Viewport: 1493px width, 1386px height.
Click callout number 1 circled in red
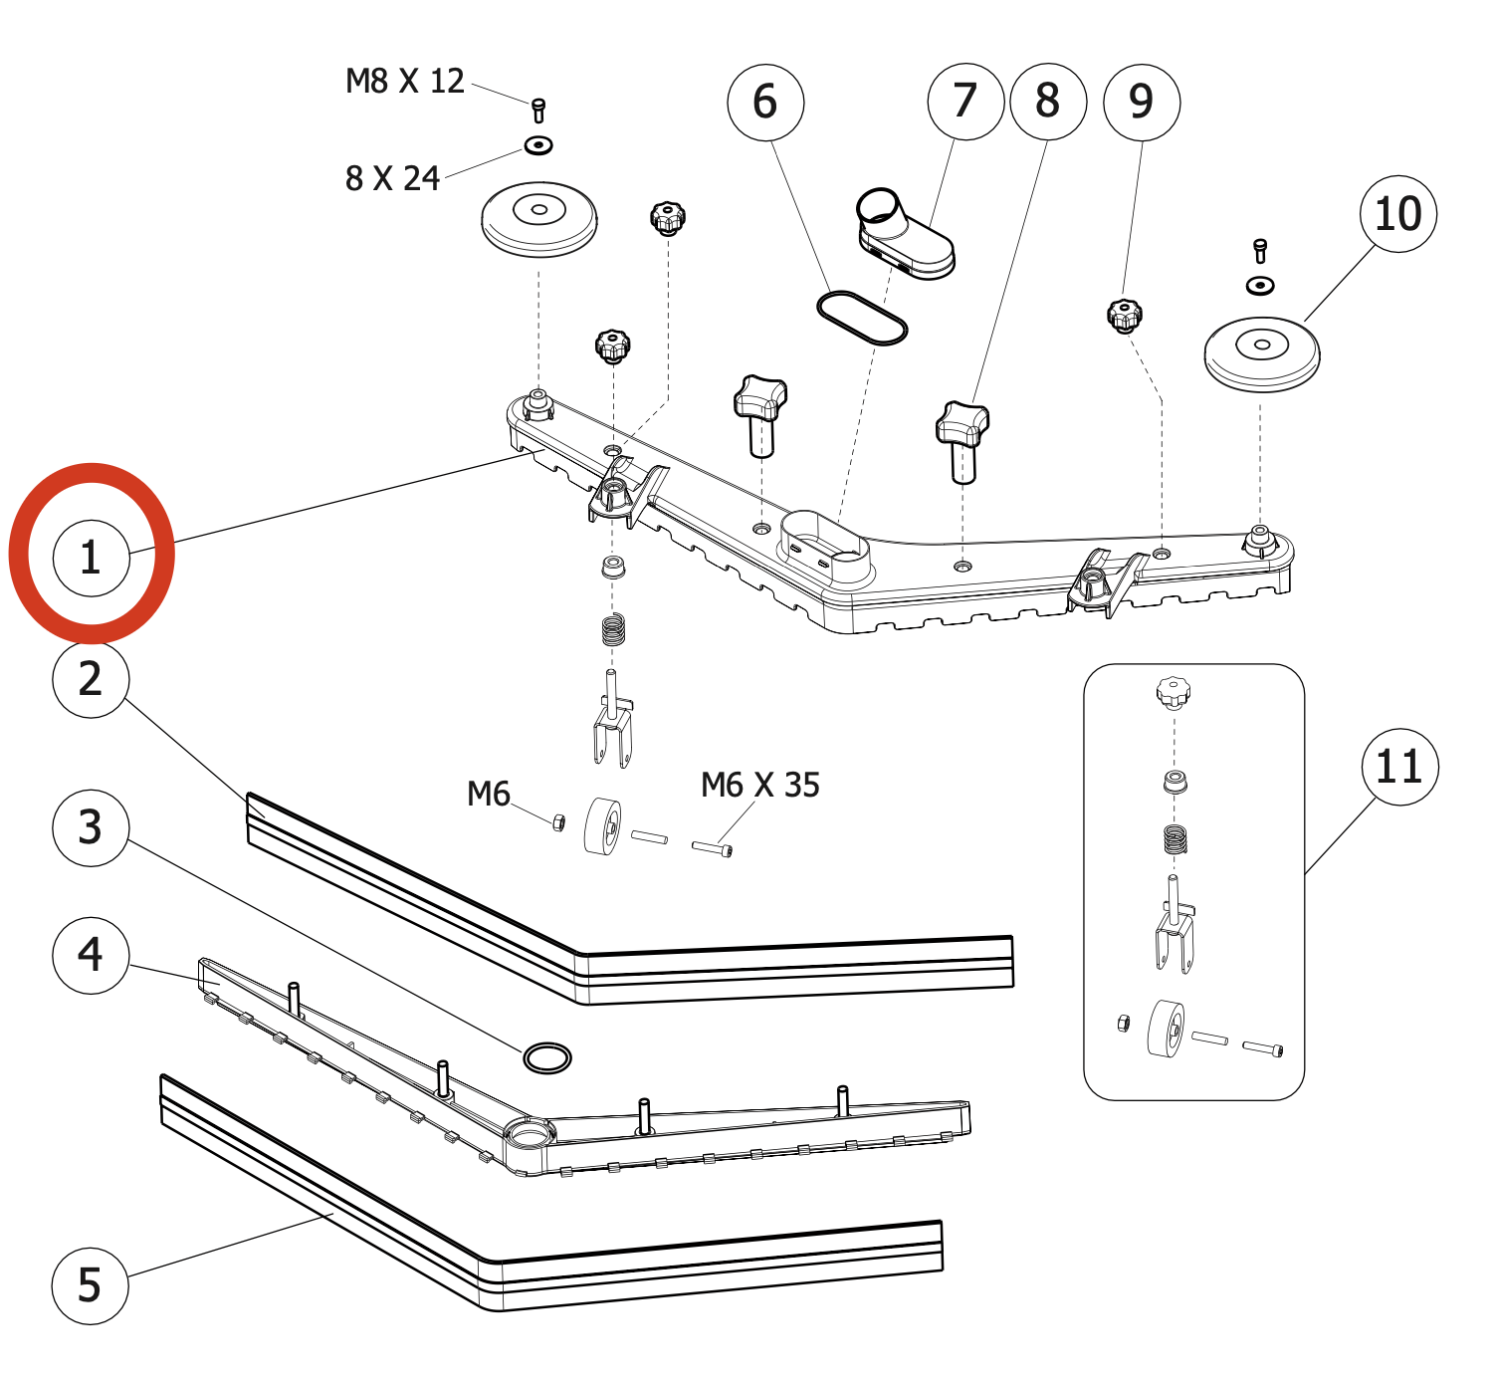91,558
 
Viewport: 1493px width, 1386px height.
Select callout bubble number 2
91,679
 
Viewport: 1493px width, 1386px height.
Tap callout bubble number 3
91,827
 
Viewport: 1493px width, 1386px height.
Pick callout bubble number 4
91,955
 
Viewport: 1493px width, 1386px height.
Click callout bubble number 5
91,1285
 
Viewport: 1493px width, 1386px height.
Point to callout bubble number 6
765,102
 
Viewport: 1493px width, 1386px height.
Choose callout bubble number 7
965,101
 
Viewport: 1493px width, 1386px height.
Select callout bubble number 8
1048,101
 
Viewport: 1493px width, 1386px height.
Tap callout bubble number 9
1142,101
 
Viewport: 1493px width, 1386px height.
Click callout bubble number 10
1398,214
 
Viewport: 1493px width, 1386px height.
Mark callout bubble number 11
1399,767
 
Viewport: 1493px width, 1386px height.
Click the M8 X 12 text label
405,82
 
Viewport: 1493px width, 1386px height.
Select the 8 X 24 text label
392,179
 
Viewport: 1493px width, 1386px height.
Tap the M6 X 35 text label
760,786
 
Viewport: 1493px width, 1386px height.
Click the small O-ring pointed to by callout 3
546,1057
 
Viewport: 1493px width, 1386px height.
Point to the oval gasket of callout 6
862,319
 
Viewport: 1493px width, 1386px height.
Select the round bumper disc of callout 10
1262,353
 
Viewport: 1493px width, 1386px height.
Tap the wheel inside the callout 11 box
1166,1030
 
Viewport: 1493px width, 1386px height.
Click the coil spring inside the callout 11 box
1175,839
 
